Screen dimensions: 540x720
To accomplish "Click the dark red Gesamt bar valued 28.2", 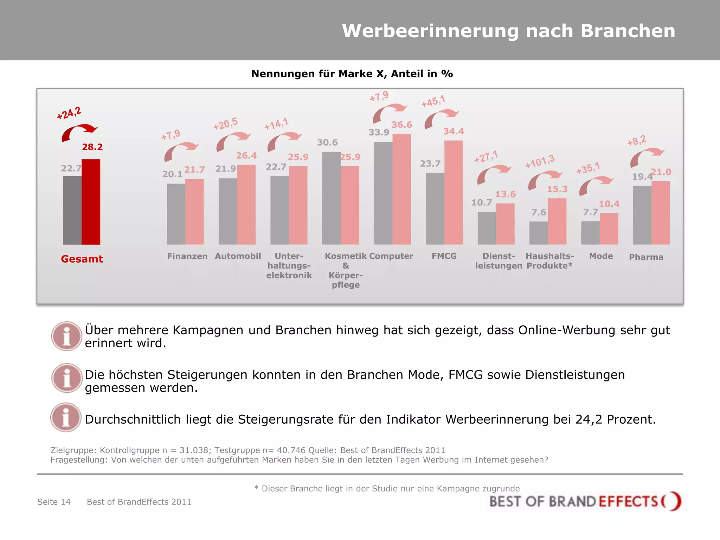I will tap(91, 202).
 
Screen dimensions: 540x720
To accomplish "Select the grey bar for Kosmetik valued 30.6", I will tap(331, 198).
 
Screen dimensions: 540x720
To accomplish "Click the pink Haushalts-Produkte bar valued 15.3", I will tap(557, 221).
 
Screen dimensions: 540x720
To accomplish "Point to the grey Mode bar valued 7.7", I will tap(590, 233).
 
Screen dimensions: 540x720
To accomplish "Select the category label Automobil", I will tap(238, 256).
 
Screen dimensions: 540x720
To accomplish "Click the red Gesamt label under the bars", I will tap(82, 259).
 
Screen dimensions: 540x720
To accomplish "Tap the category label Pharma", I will tap(646, 257).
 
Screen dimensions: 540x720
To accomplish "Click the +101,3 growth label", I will tap(540, 161).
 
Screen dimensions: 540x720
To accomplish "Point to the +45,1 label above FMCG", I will tap(433, 101).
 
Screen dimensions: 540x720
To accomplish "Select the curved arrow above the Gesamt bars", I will tap(79, 132).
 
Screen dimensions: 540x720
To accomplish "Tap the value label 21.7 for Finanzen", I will tap(194, 170).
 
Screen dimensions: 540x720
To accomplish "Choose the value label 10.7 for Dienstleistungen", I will tap(481, 202).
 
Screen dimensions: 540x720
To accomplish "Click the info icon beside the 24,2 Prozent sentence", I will tap(66, 417).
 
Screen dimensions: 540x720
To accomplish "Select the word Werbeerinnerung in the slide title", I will tap(430, 31).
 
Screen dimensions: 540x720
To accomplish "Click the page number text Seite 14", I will tap(54, 502).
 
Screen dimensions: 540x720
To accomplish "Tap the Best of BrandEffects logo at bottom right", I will tap(585, 501).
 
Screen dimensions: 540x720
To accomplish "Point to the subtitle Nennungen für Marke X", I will tap(352, 74).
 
